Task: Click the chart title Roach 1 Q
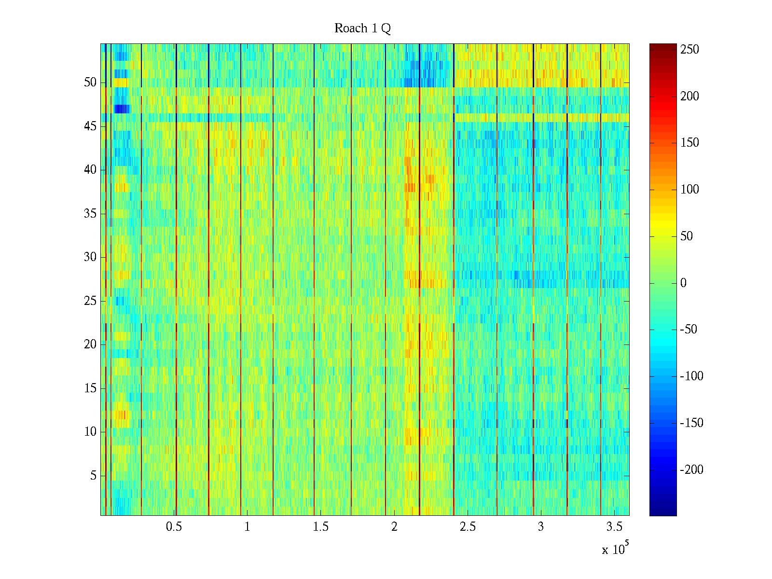[362, 29]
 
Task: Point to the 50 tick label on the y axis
[90, 83]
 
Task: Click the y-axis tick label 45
[90, 126]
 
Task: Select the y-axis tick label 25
[90, 301]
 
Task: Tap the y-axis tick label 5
[93, 476]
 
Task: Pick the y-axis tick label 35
[90, 214]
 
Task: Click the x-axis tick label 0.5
[174, 527]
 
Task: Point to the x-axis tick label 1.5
[321, 527]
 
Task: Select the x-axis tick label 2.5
[468, 527]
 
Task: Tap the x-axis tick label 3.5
[614, 527]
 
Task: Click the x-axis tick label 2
[394, 527]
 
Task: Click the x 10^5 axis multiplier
[615, 549]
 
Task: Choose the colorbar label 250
[689, 50]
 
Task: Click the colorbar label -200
[691, 470]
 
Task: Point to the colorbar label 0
[683, 283]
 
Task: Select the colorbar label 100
[689, 190]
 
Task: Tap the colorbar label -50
[689, 330]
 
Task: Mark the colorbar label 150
[689, 143]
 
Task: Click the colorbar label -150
[691, 423]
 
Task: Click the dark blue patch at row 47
[122, 109]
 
